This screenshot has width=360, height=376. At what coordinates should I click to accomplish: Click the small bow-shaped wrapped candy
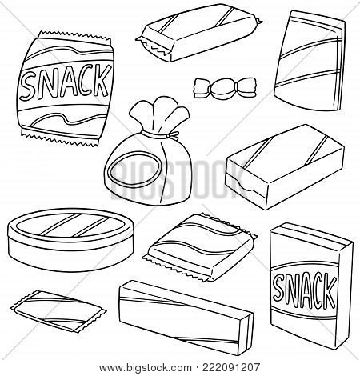pos(225,88)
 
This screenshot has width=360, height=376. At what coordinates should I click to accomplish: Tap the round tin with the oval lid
pos(70,239)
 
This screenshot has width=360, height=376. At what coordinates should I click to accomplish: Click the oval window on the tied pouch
pos(134,170)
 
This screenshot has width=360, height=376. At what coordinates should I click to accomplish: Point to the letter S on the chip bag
pos(28,86)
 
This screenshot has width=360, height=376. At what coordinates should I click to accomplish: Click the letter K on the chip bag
pos(102,80)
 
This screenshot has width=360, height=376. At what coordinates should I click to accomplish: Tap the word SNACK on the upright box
pos(305,291)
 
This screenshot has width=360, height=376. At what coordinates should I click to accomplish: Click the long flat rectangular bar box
pos(186,318)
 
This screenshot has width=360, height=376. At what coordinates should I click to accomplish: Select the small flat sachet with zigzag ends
pos(58,311)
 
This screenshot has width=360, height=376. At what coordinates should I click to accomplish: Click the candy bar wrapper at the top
pos(199,33)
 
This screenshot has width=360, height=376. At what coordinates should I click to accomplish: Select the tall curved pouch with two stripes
pos(310,61)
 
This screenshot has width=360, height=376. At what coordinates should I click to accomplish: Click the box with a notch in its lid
pos(284,167)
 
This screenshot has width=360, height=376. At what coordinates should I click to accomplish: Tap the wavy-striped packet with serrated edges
pos(199,247)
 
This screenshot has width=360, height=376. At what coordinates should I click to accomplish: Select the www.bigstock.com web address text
pos(145,368)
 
